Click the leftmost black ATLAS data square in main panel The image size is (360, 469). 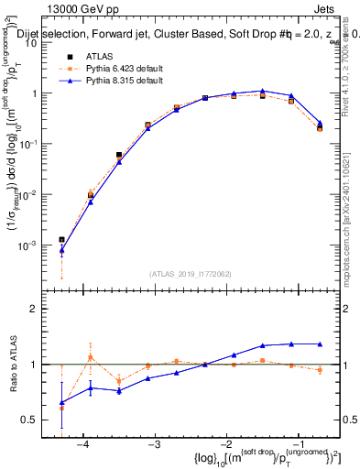[61, 240]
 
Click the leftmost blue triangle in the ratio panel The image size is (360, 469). [61, 402]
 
